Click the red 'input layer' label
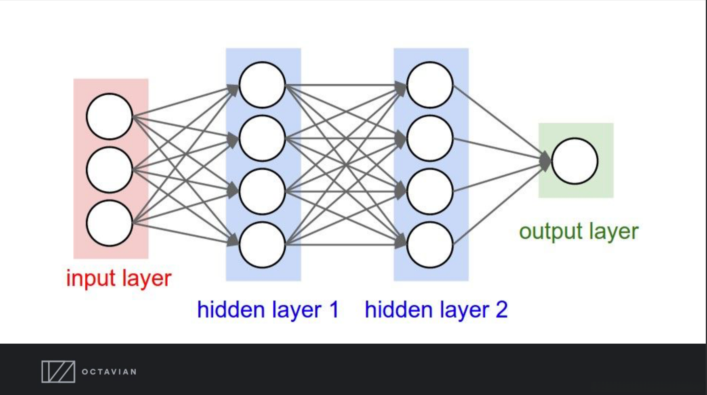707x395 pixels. [x=119, y=278]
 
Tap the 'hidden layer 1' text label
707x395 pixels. [x=268, y=310]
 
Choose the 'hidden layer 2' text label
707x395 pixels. [x=436, y=310]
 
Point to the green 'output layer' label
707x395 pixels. [x=579, y=231]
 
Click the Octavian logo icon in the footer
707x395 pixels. [x=58, y=372]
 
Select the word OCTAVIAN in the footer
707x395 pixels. [x=109, y=372]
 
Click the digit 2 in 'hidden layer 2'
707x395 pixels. [x=501, y=309]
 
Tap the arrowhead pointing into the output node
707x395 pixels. [x=545, y=161]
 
